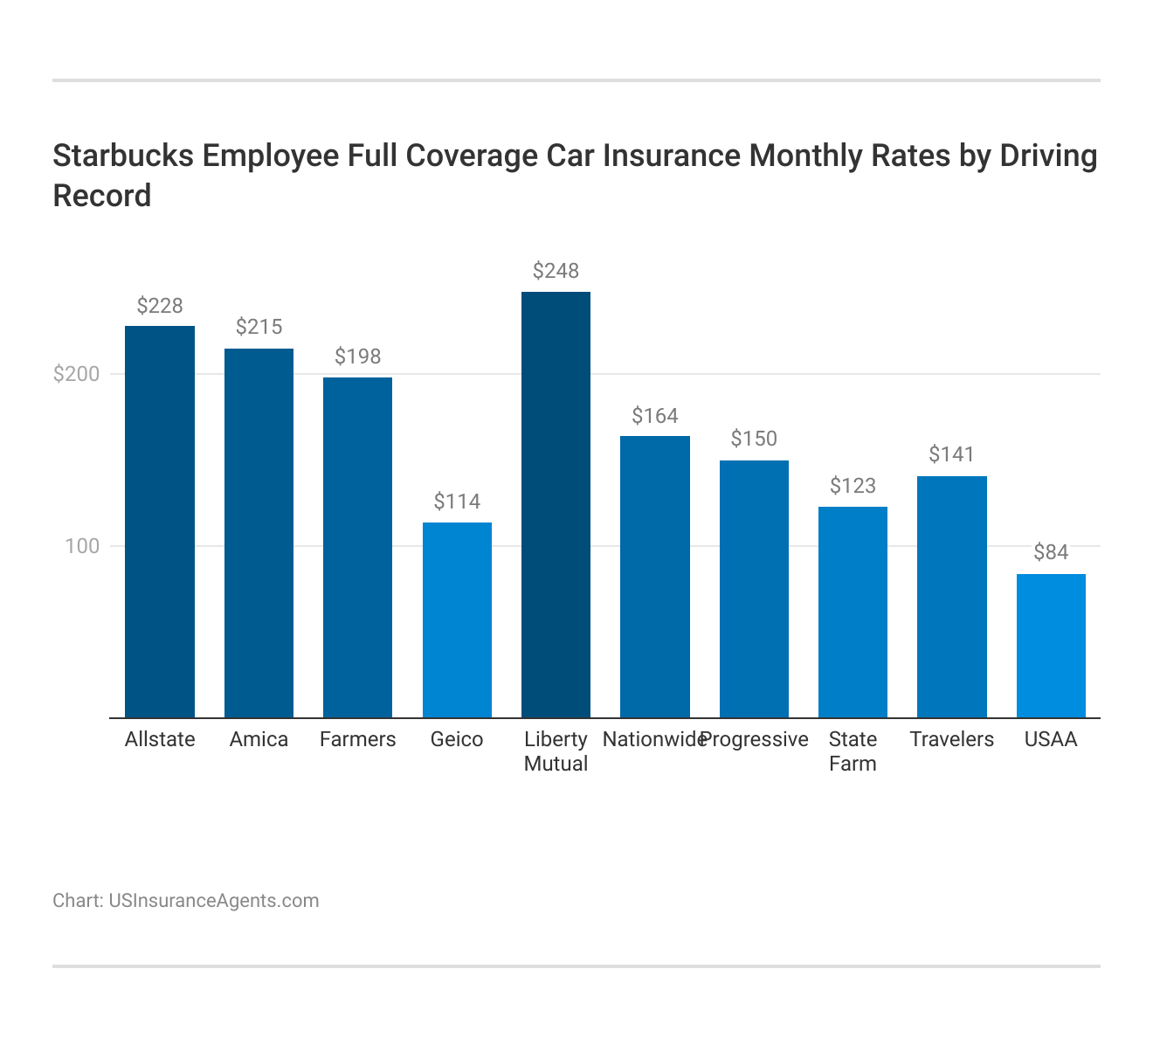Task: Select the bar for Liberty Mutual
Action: point(556,504)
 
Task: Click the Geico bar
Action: point(457,619)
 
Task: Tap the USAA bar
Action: point(1051,646)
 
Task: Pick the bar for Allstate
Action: point(160,522)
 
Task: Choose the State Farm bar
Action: point(853,612)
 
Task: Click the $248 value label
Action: point(556,271)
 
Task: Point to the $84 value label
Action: point(1051,552)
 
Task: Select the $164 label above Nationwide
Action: point(655,416)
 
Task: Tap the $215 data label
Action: point(259,327)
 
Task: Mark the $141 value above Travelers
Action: point(951,454)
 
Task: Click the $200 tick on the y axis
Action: point(77,374)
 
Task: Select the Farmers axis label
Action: point(358,740)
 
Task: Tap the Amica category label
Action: point(259,740)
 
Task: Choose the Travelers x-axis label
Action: point(951,740)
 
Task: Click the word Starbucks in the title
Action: point(122,156)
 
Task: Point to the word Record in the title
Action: point(102,196)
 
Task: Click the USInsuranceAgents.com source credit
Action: point(213,901)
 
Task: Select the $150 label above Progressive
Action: point(754,439)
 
